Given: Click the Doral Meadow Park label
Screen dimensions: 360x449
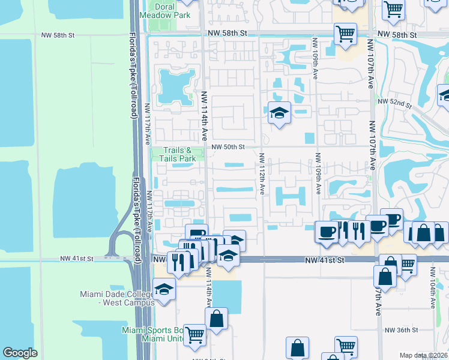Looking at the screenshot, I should click(x=165, y=11).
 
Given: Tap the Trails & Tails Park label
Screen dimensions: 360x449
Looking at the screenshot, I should click(x=178, y=154).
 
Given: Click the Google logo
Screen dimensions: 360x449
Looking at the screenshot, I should click(x=20, y=353).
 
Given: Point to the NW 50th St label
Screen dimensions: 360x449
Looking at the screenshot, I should click(x=228, y=146).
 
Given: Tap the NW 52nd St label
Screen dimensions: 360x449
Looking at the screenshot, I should click(x=395, y=103).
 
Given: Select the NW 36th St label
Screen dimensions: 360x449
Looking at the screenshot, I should click(x=400, y=330).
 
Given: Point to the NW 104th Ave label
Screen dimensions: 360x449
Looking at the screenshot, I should click(x=433, y=287).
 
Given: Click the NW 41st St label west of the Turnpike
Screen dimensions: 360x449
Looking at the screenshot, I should click(x=77, y=259).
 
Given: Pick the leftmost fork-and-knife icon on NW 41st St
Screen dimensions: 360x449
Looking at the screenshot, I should click(x=178, y=262).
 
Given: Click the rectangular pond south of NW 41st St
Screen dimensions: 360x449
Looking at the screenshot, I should click(x=227, y=296).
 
